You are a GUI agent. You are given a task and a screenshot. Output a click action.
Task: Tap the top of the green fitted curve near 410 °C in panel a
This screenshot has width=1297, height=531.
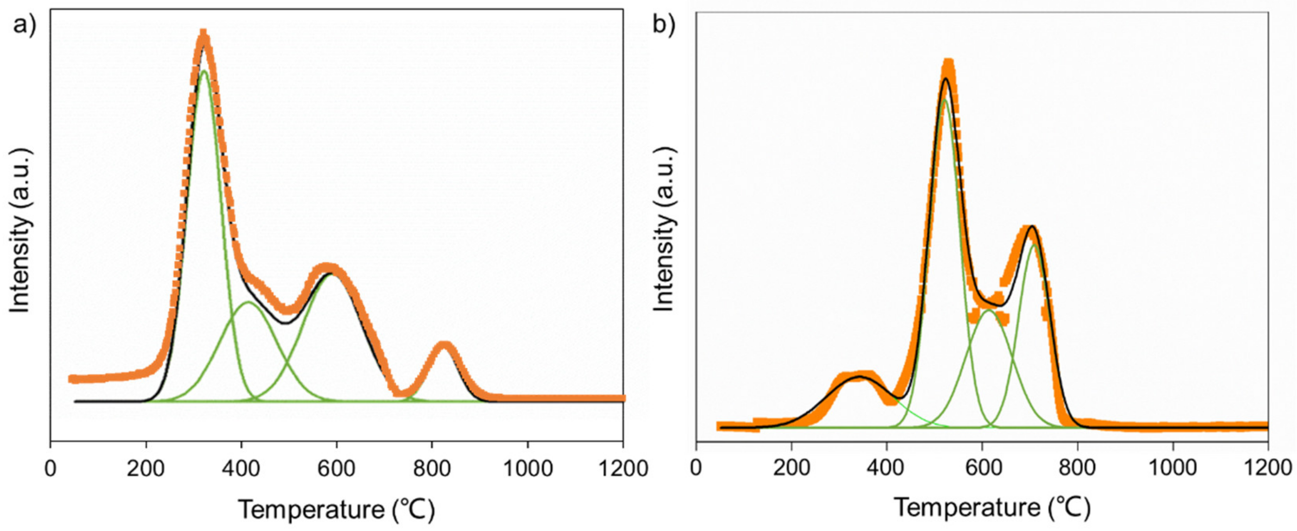coord(248,302)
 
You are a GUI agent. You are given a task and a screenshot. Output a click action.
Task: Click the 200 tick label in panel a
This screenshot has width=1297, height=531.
coord(146,469)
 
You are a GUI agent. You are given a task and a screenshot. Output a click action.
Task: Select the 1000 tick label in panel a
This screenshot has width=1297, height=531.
coord(527,469)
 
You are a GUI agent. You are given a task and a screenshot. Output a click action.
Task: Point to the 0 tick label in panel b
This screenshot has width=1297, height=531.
coord(695,469)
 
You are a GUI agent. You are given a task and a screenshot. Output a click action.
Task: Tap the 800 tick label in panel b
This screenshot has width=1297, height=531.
coord(1077,469)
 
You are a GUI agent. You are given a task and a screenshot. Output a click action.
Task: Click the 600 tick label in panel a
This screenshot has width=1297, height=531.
coord(336,469)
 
